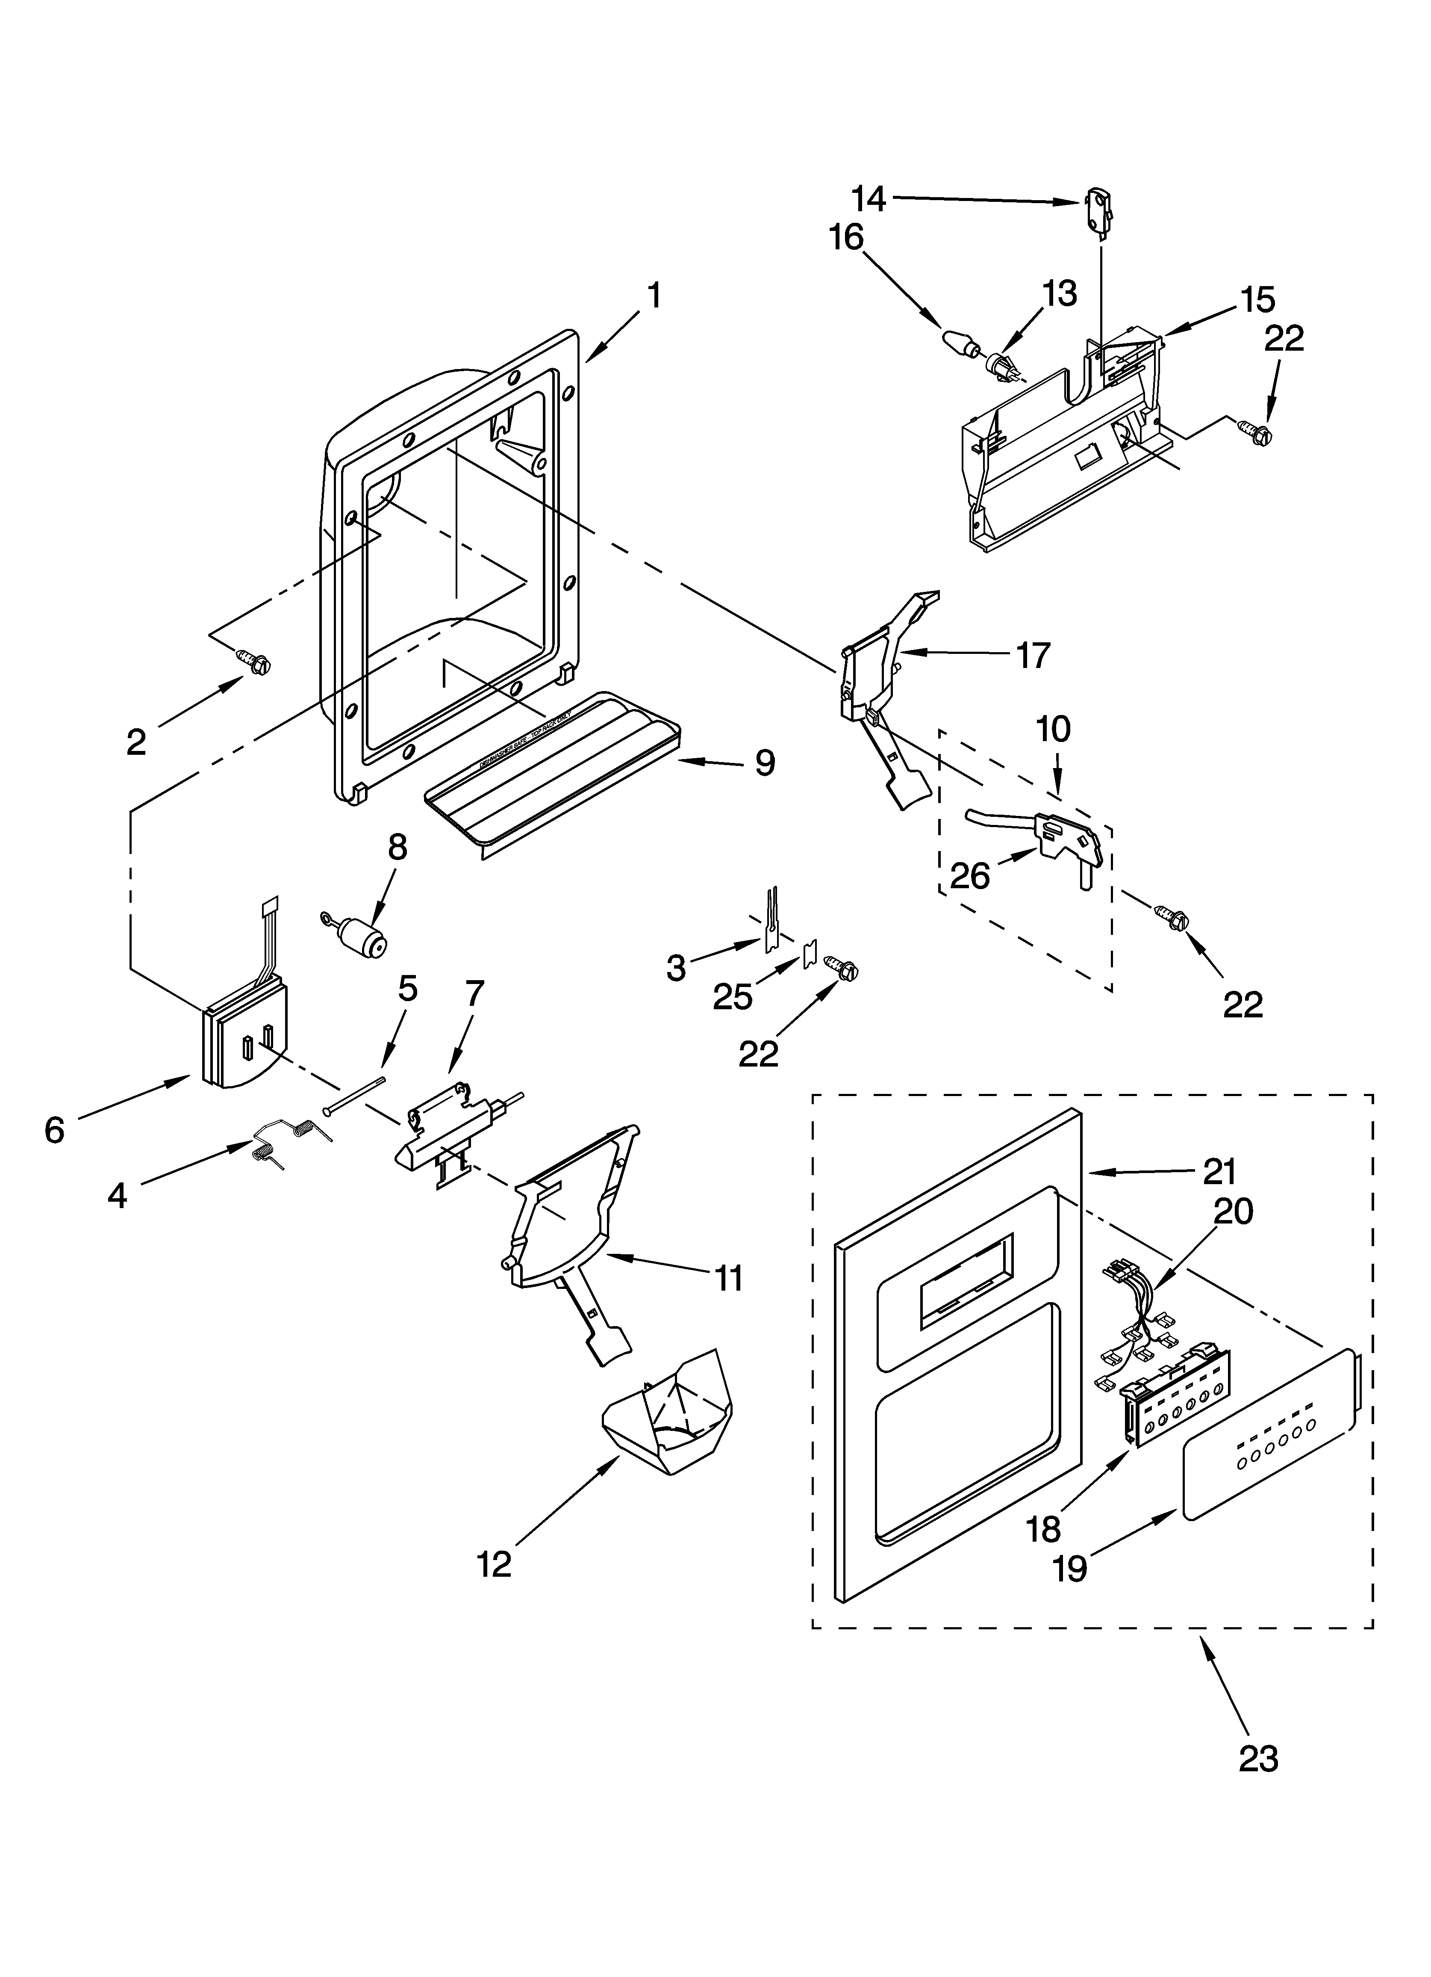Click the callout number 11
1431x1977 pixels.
[729, 1279]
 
